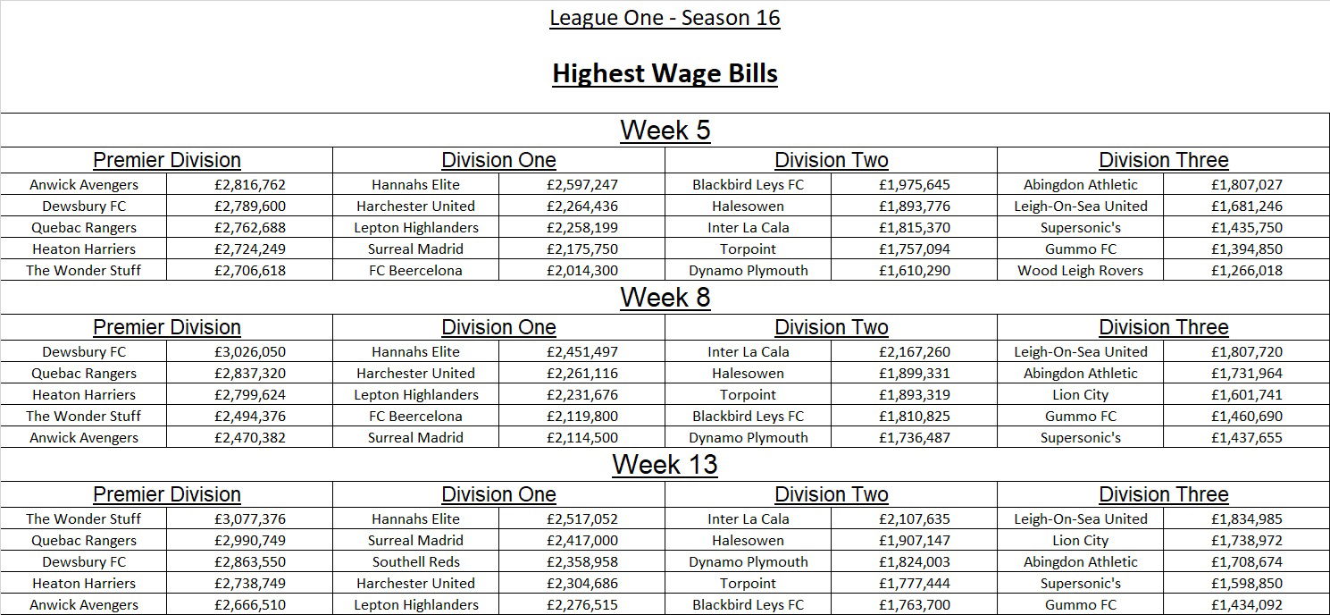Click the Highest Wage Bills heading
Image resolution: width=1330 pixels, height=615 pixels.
click(x=665, y=73)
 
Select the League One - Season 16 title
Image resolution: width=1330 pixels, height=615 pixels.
click(x=665, y=18)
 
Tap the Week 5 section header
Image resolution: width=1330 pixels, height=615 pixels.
click(x=665, y=131)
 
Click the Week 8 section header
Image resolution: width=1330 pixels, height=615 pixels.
click(x=665, y=298)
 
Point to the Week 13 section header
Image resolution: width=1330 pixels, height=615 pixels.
click(x=665, y=465)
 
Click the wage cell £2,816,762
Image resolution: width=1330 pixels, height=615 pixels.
click(x=250, y=185)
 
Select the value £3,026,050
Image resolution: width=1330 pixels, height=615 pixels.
click(x=250, y=352)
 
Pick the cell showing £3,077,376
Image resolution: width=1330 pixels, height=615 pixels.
click(x=250, y=519)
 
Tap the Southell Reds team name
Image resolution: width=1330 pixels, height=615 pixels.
click(x=415, y=562)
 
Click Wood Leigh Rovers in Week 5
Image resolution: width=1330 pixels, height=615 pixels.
click(x=1080, y=271)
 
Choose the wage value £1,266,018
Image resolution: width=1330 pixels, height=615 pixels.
click(x=1247, y=271)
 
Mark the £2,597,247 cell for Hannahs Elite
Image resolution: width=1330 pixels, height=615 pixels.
click(x=582, y=185)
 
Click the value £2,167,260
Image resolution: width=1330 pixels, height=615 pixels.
click(x=915, y=352)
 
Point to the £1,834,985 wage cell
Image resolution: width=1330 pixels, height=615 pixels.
click(x=1247, y=519)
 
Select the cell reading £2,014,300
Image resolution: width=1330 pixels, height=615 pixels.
click(x=582, y=271)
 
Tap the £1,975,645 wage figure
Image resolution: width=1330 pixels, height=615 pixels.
click(x=915, y=185)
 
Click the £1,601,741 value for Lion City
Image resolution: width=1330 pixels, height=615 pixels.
click(x=1247, y=395)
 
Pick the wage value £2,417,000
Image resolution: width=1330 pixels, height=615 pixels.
click(x=582, y=541)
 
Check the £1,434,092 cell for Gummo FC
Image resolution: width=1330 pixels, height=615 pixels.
click(x=1247, y=605)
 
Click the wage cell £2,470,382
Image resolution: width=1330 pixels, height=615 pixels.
click(x=250, y=438)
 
